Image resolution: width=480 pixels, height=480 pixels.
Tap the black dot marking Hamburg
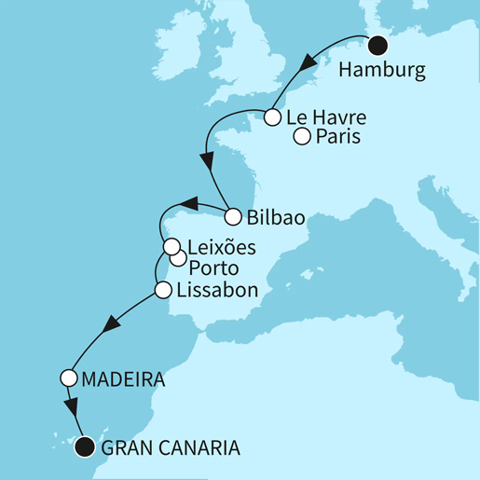point(377,45)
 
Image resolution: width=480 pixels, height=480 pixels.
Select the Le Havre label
point(325,118)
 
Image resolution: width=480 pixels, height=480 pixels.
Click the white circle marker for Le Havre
point(272,118)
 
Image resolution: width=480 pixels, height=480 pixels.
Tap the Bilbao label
point(278,218)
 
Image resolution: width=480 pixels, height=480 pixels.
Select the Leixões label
point(222,248)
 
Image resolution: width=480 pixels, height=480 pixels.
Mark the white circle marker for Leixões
point(171,247)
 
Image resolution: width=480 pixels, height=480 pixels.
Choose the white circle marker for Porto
point(178,260)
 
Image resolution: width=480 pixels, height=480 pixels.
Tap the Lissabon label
point(216,290)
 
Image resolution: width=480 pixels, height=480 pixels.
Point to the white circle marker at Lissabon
point(162,290)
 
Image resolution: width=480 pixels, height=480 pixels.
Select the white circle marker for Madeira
point(68,378)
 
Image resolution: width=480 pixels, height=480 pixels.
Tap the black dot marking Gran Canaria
point(85,446)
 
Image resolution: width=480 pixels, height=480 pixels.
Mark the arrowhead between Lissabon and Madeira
point(112,324)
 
